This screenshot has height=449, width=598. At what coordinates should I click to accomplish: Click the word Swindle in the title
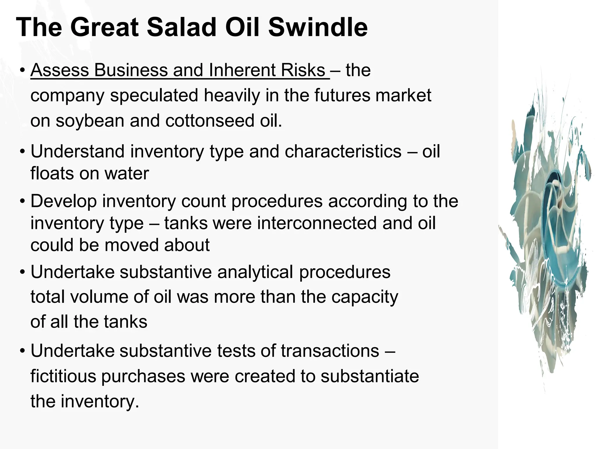[318, 27]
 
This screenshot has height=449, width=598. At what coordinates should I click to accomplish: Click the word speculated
[154, 95]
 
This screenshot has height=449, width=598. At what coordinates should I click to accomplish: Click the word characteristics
[343, 151]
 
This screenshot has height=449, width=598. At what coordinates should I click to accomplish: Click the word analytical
[255, 272]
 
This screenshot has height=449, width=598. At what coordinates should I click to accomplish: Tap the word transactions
[330, 351]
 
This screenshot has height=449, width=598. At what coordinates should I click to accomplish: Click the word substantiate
[370, 376]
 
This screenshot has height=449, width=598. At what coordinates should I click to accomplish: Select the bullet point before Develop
[22, 202]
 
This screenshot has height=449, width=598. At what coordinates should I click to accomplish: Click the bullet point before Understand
[22, 152]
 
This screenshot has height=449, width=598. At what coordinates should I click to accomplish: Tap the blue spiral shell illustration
[549, 228]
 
